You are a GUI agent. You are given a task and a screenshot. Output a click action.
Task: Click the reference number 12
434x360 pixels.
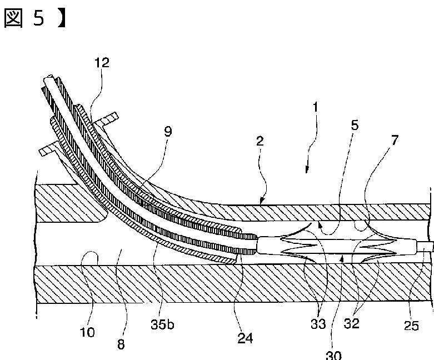[x=101, y=63]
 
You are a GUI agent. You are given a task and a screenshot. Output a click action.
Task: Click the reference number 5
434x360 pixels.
[x=355, y=126]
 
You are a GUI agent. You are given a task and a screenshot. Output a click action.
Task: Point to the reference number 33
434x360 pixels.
[x=319, y=324]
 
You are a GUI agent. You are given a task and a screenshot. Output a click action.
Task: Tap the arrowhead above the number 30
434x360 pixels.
[x=343, y=257]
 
